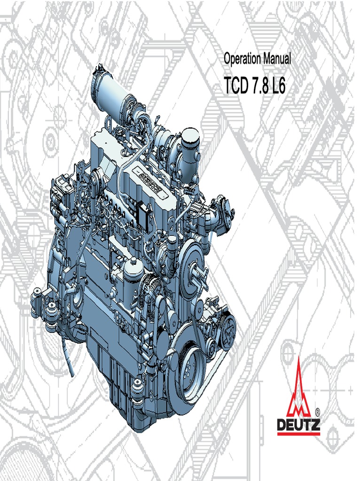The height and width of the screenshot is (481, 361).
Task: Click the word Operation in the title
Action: pos(242,59)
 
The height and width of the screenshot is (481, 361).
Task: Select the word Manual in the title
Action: pos(277,59)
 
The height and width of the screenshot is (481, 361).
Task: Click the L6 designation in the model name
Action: pos(278,87)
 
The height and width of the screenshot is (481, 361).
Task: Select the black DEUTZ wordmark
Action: pos(298,426)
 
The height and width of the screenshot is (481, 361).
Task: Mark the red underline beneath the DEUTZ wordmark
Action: pos(298,434)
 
